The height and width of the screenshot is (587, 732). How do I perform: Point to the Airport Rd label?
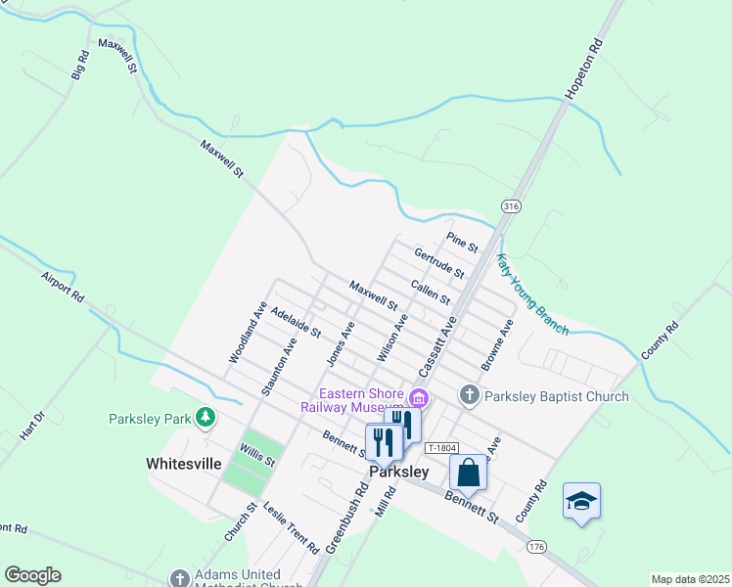(x=63, y=286)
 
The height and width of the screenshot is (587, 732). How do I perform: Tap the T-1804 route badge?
(x=442, y=448)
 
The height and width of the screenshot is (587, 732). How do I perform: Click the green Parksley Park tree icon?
(x=205, y=419)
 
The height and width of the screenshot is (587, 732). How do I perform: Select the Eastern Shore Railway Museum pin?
(x=420, y=397)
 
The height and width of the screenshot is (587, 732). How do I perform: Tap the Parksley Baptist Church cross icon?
(x=470, y=396)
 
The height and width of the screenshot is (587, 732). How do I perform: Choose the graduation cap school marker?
(x=581, y=501)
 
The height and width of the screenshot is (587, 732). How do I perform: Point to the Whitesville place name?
(x=184, y=464)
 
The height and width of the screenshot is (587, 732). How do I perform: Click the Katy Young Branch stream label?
(x=532, y=295)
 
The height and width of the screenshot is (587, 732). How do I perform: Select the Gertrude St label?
(x=437, y=262)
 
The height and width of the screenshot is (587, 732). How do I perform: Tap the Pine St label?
(x=461, y=241)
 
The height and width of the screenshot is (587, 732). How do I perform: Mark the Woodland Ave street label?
(x=248, y=333)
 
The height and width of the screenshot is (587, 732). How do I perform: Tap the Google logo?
(x=32, y=575)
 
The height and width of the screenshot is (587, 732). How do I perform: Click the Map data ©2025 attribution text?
(x=690, y=579)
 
